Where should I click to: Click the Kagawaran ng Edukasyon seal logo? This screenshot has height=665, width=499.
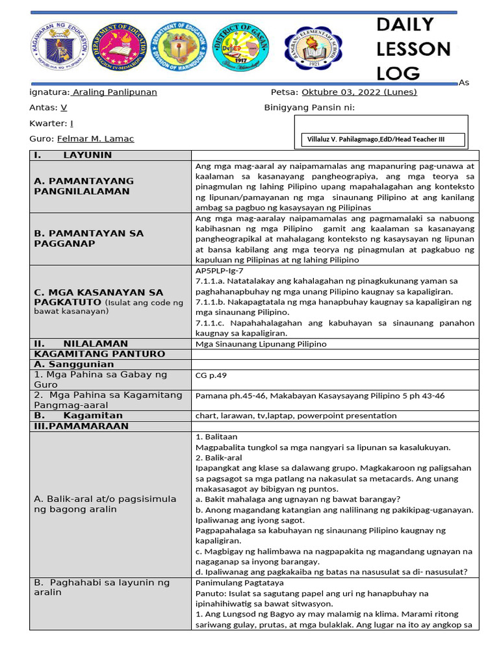pos(59,50)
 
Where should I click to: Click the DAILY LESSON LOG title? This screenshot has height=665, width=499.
pos(413,49)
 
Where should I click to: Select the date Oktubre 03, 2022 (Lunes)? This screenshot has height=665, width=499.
pos(359,92)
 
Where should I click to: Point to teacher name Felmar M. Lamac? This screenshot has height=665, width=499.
pos(96,139)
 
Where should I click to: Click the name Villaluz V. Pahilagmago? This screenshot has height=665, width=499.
pos(385,140)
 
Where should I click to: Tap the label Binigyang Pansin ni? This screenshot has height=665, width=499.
pos(309,108)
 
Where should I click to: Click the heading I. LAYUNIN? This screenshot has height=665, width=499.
pos(73,155)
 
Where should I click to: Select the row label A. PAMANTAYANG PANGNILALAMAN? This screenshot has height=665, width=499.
pos(84,186)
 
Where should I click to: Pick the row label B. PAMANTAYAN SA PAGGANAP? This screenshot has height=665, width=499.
pos(88,238)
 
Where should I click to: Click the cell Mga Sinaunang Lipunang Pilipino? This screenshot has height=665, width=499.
pos(261,344)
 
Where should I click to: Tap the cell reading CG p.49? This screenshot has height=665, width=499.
pos(211,375)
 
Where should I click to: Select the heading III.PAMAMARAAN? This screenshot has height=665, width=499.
pos(81,427)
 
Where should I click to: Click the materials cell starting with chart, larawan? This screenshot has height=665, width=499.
pos(296,416)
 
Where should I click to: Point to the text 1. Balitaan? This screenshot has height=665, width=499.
pos(216,437)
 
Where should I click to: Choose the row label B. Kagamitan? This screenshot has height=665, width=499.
pos(79,416)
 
